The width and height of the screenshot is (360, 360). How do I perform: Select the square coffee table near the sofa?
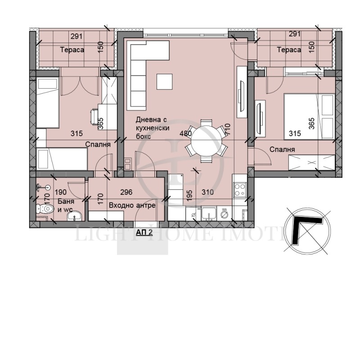(x=164, y=81)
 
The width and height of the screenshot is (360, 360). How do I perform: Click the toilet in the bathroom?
(x=47, y=209)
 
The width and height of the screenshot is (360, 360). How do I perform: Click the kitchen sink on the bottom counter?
(x=208, y=212)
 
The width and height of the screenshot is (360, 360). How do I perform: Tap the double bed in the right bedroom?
(x=308, y=116)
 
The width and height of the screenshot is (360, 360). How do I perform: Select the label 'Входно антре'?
(x=132, y=205)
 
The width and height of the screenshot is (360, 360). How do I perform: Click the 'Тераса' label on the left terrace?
(x=72, y=50)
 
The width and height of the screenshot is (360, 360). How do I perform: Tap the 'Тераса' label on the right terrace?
(x=289, y=50)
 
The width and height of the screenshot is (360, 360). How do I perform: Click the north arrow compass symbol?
(x=306, y=229)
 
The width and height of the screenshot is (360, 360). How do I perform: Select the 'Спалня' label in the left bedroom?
(x=98, y=144)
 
